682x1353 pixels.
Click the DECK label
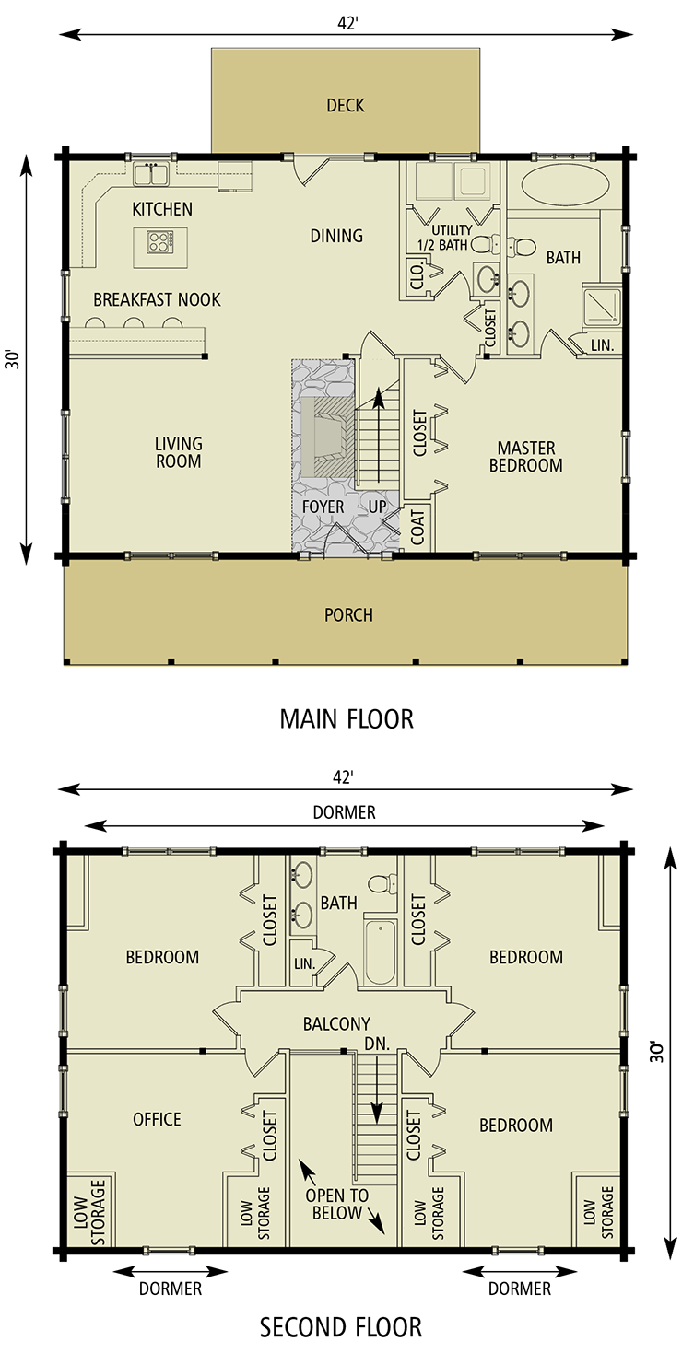(x=346, y=105)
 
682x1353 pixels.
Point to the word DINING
(x=336, y=236)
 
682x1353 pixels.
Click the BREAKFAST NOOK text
(x=157, y=299)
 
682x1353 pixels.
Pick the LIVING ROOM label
(x=178, y=452)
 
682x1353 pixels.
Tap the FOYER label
(x=323, y=507)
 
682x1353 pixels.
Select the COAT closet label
(x=417, y=527)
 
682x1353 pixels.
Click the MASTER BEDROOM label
(x=525, y=457)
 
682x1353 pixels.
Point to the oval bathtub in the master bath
(x=564, y=185)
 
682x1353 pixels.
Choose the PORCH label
(x=348, y=614)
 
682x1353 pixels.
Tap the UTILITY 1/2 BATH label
(x=452, y=237)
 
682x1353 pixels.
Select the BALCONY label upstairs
(x=336, y=1023)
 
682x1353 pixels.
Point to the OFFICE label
(x=157, y=1119)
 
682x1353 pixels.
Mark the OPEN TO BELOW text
(x=336, y=1204)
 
